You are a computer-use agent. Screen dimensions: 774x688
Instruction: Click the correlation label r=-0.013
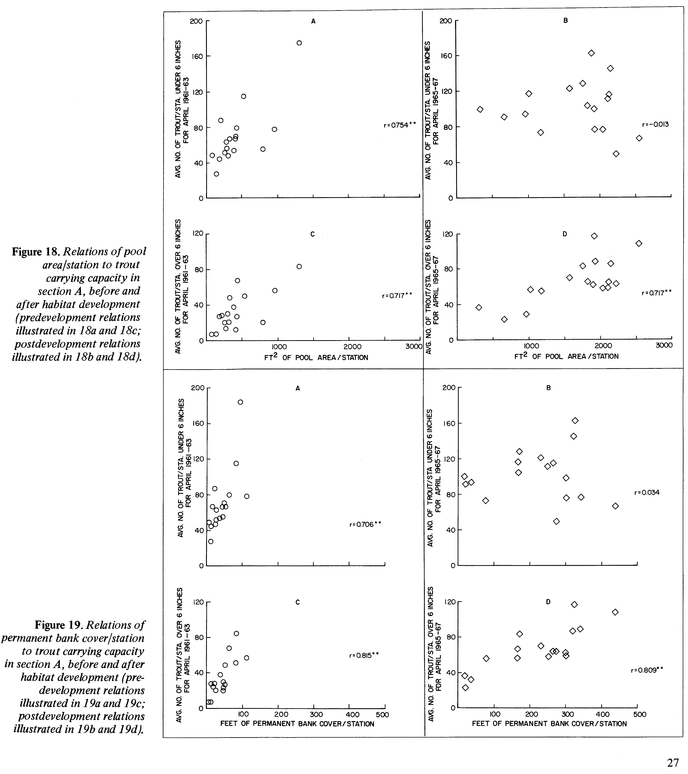655,124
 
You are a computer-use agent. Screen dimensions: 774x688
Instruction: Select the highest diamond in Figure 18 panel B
591,53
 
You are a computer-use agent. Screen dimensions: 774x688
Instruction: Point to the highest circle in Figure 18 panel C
299,267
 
